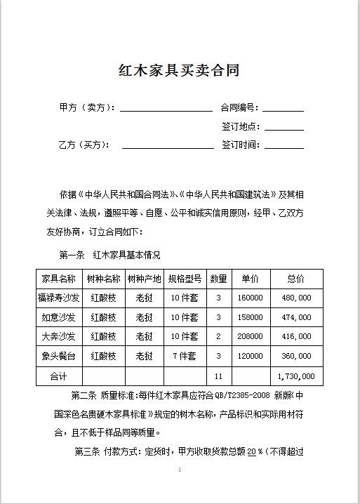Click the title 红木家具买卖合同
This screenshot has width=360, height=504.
[x=180, y=71]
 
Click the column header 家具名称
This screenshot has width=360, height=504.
[x=59, y=279]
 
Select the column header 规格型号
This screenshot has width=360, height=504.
[x=185, y=279]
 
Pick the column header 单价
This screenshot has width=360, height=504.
[x=251, y=279]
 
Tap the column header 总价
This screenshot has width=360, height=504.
[x=295, y=279]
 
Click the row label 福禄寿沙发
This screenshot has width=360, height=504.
[x=59, y=298]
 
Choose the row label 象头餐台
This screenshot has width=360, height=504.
[x=59, y=356]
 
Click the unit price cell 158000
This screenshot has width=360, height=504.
[x=251, y=317]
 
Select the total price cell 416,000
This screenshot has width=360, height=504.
[x=295, y=336]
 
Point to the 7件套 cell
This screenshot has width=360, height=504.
[x=185, y=356]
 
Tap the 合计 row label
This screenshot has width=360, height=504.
[x=59, y=376]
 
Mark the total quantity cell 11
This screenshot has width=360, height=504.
[x=218, y=376]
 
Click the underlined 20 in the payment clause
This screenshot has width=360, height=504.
[x=251, y=451]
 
